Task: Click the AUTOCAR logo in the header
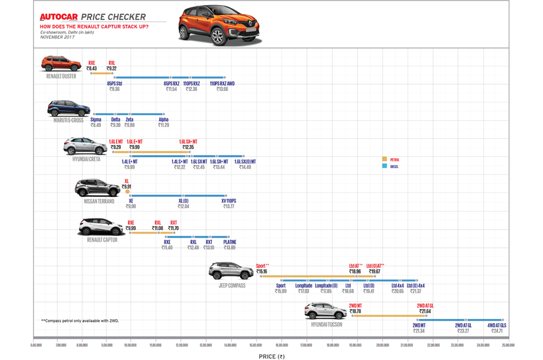click(x=59, y=17)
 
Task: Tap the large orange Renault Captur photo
click(x=219, y=26)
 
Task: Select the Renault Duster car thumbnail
click(x=61, y=64)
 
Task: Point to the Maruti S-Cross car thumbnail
click(x=68, y=109)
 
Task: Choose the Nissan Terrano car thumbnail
click(x=97, y=189)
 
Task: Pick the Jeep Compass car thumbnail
click(x=231, y=272)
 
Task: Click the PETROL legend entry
click(x=391, y=160)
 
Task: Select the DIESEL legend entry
click(x=391, y=167)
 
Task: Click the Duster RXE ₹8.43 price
click(x=92, y=66)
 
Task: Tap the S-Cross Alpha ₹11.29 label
click(x=163, y=123)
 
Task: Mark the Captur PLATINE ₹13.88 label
click(x=229, y=245)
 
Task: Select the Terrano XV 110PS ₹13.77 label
click(x=229, y=204)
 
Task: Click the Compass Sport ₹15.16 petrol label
click(x=262, y=269)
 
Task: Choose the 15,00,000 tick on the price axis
click(x=256, y=344)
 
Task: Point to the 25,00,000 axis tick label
click(x=508, y=344)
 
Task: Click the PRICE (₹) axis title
click(x=271, y=356)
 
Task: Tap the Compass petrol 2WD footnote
click(x=79, y=321)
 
